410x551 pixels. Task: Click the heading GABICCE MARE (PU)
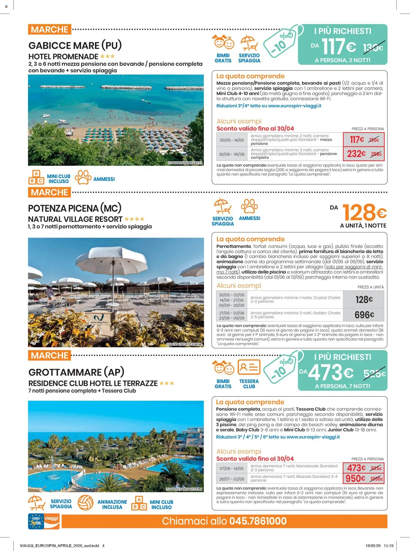click(75, 46)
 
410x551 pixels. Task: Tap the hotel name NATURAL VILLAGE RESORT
click(75, 219)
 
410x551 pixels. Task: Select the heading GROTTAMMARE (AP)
click(76, 372)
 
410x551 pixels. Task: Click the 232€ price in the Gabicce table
click(356, 154)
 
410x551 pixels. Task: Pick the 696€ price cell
click(364, 315)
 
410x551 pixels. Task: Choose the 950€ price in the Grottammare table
click(355, 478)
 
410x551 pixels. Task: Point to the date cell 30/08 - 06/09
click(231, 154)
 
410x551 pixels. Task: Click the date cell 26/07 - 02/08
click(231, 479)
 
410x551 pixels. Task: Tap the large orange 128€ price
click(364, 213)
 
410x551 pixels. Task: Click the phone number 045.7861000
click(258, 521)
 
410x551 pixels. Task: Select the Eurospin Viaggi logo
click(44, 521)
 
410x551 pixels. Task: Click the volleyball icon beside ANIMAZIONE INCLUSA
click(85, 503)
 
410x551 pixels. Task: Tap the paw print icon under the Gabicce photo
click(83, 177)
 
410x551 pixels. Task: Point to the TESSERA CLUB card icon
click(249, 367)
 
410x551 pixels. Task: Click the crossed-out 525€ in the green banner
click(374, 374)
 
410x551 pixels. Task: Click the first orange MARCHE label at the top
click(49, 29)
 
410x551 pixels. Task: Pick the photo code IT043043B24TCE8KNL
click(184, 344)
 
